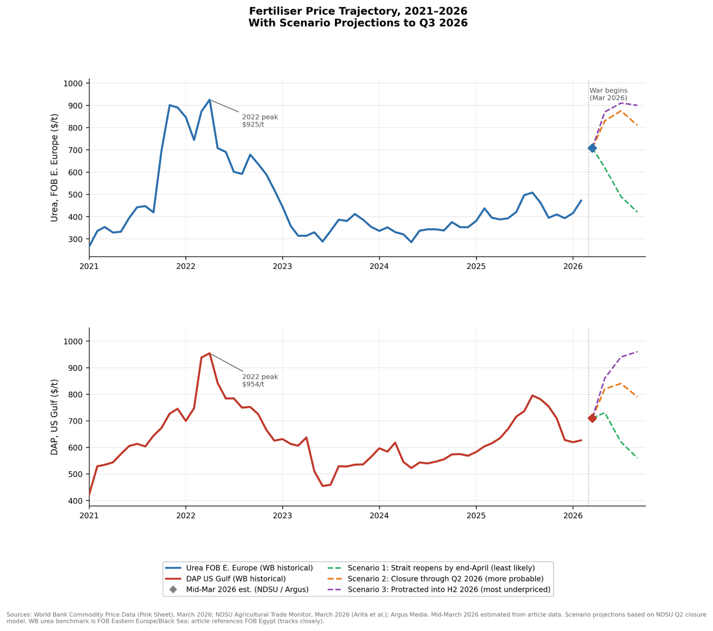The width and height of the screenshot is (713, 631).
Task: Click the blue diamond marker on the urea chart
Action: (x=592, y=148)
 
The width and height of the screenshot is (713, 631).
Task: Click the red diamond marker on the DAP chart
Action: (x=592, y=418)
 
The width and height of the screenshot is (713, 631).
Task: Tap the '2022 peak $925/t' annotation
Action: (x=260, y=121)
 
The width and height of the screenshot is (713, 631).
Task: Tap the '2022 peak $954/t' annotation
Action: (x=260, y=380)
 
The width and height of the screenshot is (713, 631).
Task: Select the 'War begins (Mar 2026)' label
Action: (x=608, y=94)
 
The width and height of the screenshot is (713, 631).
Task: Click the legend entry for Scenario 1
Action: (x=441, y=568)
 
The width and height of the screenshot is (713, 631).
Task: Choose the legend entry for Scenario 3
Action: (x=449, y=590)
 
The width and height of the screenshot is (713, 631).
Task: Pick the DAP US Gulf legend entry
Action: (x=236, y=579)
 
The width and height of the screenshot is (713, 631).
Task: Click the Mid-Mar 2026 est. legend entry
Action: (x=247, y=590)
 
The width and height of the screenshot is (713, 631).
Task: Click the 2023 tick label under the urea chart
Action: (x=282, y=266)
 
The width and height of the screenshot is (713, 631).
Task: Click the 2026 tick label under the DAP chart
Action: (x=573, y=516)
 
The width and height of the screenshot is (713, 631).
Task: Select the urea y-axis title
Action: (x=54, y=168)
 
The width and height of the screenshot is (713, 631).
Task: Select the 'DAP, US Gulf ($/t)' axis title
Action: (x=54, y=417)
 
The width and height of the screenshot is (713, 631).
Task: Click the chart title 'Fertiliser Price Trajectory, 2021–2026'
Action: (x=358, y=11)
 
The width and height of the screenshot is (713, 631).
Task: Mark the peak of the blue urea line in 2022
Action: (x=209, y=100)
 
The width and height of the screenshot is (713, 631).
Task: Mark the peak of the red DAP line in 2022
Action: (x=209, y=353)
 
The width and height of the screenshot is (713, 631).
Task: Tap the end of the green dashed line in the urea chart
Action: (x=637, y=212)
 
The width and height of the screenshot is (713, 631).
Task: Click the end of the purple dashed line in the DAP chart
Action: (x=637, y=352)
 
